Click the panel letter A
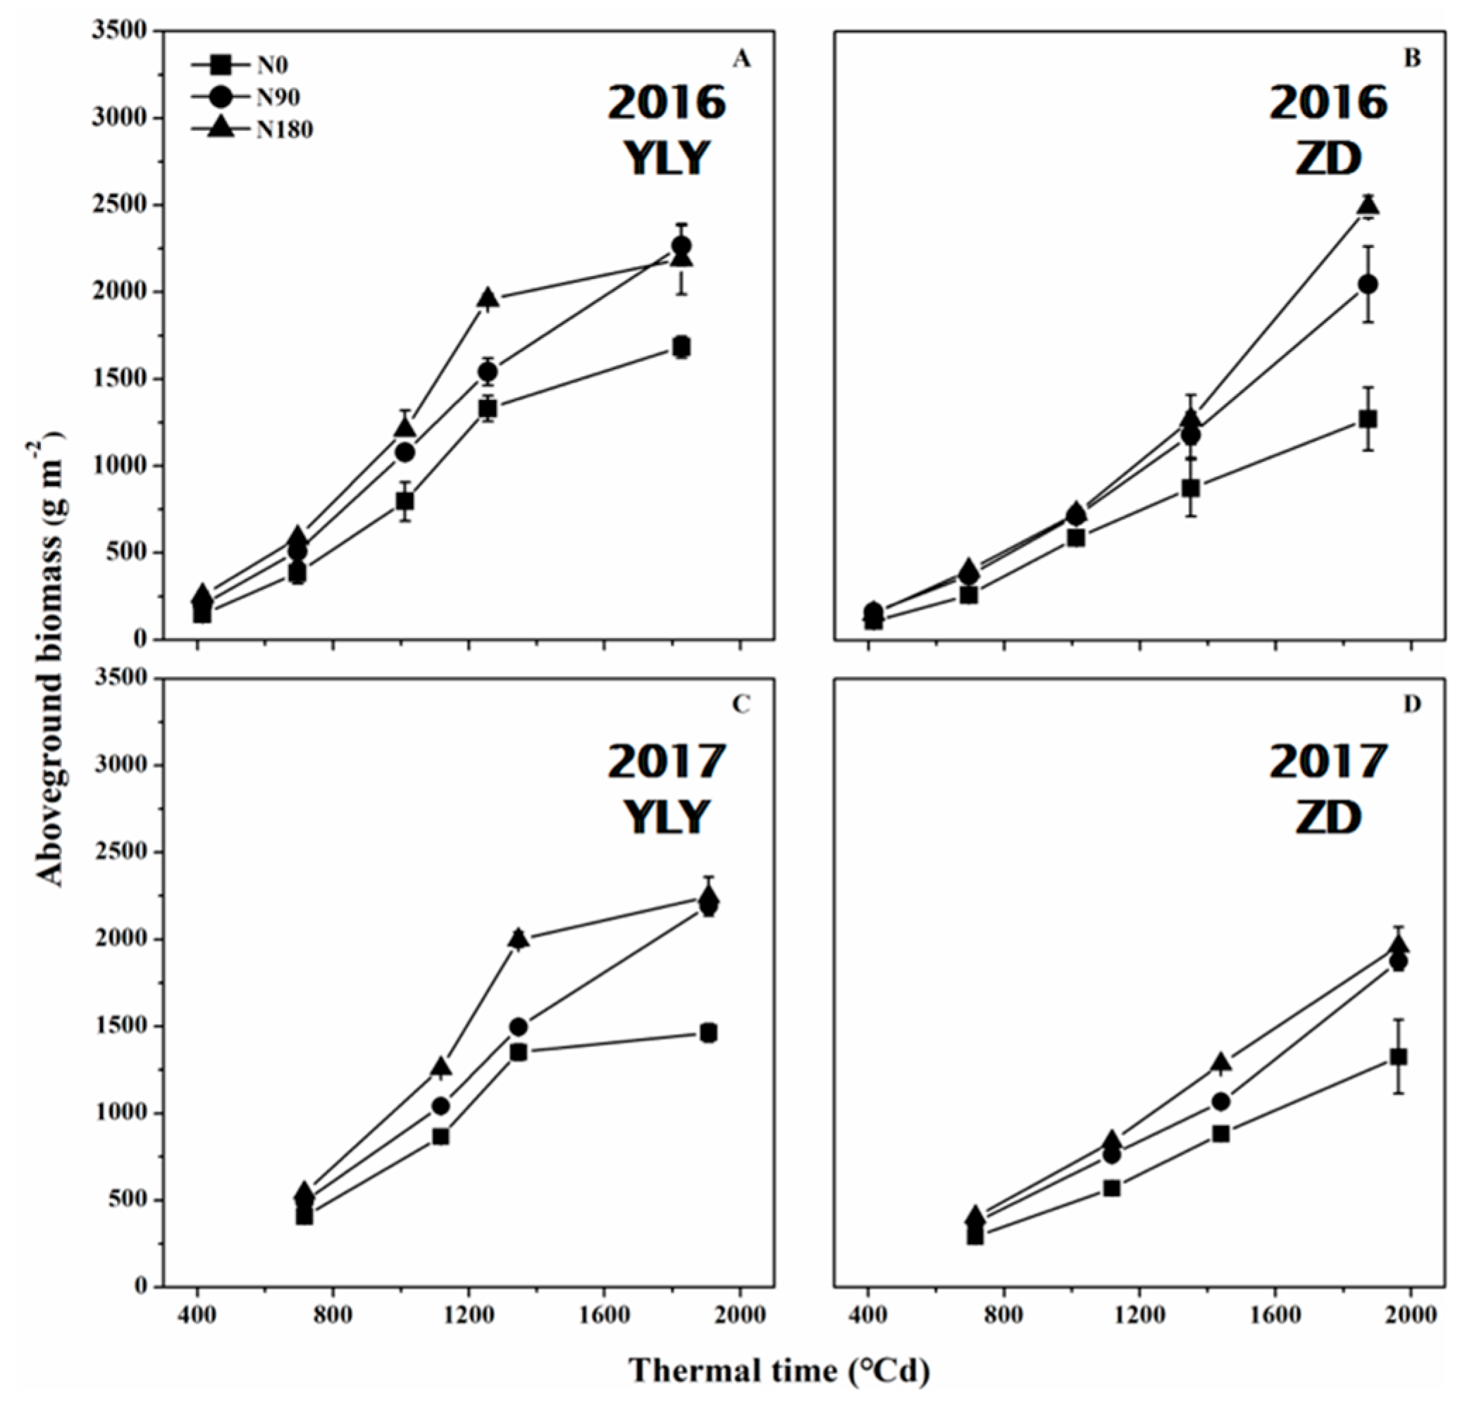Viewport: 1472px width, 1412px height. tap(741, 59)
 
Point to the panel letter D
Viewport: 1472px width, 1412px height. tap(1412, 704)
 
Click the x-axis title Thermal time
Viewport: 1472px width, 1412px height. tap(779, 1370)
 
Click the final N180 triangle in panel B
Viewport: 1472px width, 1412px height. tap(1368, 206)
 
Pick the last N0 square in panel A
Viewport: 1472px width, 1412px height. tap(682, 346)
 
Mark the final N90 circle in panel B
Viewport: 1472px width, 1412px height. tap(1368, 285)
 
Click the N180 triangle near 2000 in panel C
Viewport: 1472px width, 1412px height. tap(518, 938)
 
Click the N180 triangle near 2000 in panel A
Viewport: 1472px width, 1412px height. tap(488, 298)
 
